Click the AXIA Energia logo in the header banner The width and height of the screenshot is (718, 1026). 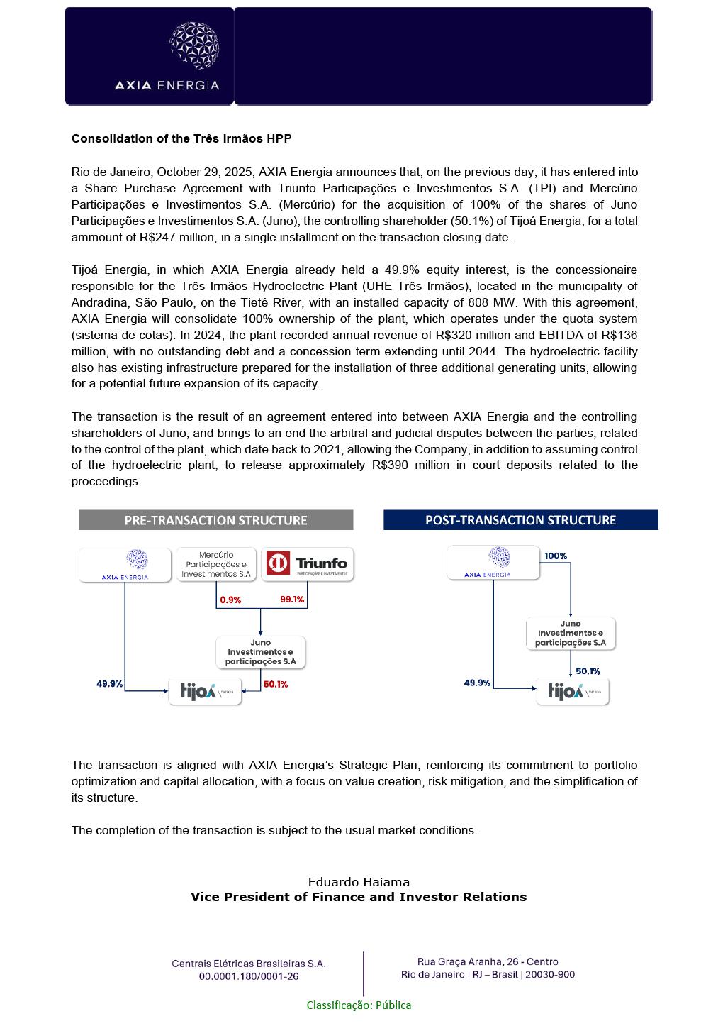tap(167, 57)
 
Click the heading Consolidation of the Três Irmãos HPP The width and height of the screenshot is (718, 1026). tap(181, 138)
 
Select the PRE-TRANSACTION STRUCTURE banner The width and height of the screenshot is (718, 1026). tap(215, 520)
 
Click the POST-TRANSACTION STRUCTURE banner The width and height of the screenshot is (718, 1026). tap(520, 520)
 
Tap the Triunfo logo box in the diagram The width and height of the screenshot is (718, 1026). tap(308, 564)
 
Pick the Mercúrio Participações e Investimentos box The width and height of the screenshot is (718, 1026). tap(216, 564)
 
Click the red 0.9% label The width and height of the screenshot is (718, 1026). tap(230, 600)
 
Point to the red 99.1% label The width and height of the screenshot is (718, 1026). tap(292, 599)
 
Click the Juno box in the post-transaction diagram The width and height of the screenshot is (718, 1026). tap(571, 634)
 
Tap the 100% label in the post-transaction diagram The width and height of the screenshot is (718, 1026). tap(556, 556)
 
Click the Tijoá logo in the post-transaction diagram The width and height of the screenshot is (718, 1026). tap(572, 692)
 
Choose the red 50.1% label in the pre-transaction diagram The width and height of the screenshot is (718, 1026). tap(275, 685)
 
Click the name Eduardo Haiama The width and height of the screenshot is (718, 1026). tap(359, 882)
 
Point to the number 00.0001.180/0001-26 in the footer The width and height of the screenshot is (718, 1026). tap(249, 976)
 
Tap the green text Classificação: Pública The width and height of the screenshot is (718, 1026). tap(359, 1005)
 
